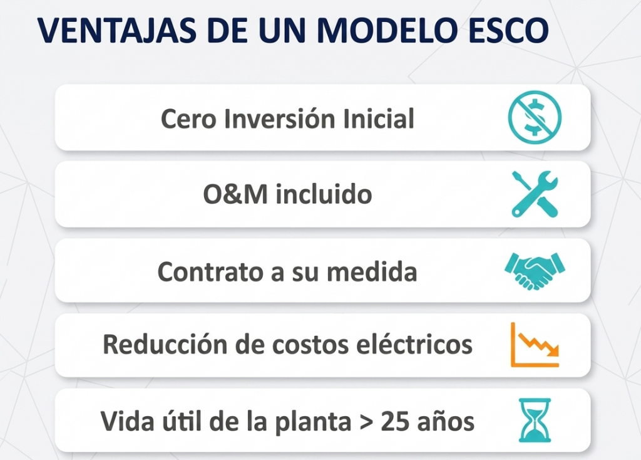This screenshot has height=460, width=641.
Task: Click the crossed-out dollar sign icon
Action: point(535,117)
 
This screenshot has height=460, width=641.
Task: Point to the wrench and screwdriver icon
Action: point(535,194)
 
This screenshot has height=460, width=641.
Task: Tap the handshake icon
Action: point(535,271)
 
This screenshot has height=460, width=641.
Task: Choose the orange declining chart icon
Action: point(535,345)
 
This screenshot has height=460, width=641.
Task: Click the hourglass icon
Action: point(535,421)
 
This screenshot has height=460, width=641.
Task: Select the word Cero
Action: point(188,118)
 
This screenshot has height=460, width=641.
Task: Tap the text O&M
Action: point(235,194)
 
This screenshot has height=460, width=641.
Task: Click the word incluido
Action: point(324,194)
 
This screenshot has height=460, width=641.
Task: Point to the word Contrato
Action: point(211,271)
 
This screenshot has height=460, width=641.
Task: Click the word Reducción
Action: point(165,344)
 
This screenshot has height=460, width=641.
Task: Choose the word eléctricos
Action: point(414,344)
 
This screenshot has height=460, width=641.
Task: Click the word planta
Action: point(313,422)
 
